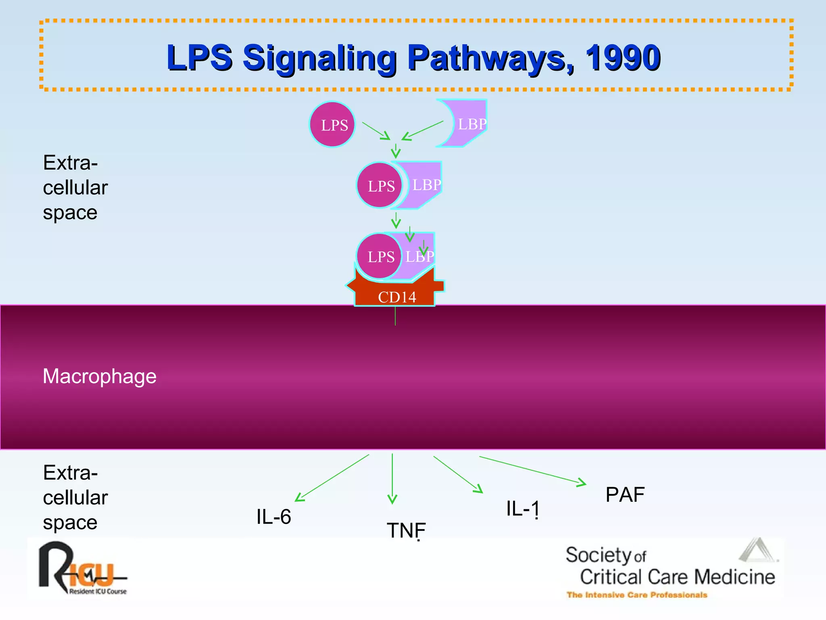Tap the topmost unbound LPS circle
coord(332,124)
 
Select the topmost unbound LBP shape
coord(468,124)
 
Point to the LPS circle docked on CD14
coord(379,256)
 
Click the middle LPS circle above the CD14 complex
coord(380,185)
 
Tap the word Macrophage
coord(99,376)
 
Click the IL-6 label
coord(273,517)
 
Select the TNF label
coord(406,530)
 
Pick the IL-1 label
coord(522,509)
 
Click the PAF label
coord(625,494)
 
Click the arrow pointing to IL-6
coord(332,478)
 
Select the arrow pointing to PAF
coord(532,470)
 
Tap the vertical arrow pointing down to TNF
coord(392,478)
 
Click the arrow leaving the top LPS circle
coord(376,131)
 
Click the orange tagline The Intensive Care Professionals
coord(636,595)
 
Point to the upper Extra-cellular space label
coord(75,187)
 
